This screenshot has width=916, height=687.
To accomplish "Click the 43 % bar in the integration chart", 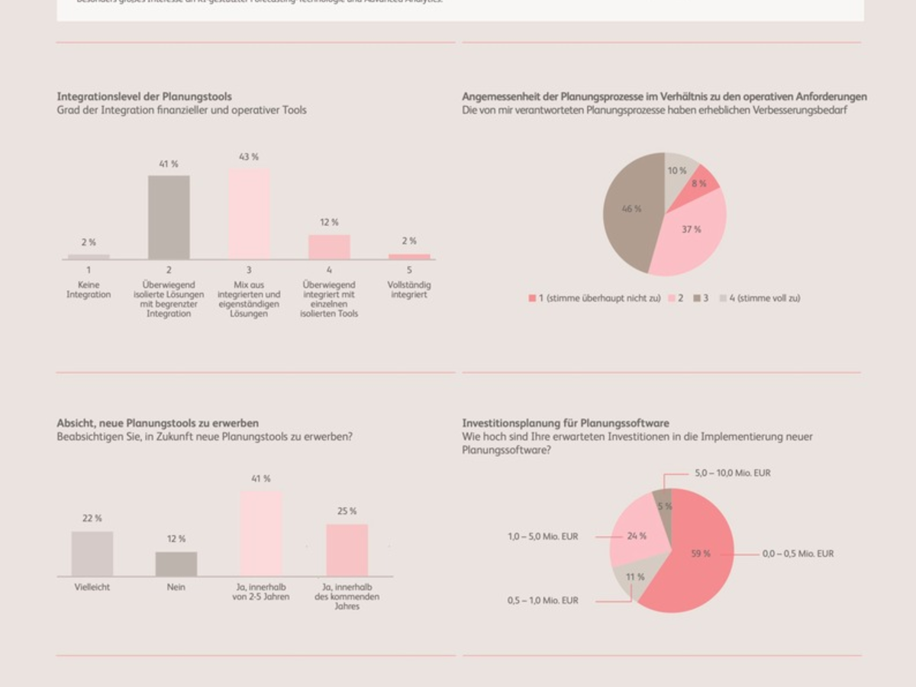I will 250,214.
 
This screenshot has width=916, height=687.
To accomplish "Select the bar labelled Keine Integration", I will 89,257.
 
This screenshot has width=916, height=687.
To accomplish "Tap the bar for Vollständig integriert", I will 409,256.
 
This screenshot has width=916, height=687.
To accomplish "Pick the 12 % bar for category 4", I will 329,247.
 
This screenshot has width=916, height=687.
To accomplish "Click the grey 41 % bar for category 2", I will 169,218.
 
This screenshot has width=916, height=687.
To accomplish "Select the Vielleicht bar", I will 92,553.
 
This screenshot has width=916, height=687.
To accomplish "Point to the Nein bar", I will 176,564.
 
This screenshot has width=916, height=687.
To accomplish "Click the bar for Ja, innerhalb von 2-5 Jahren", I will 261,534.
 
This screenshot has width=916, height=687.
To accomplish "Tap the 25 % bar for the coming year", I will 347,550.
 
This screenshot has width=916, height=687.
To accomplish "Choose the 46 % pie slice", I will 630,210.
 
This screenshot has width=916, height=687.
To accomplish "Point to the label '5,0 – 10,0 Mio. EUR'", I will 732,473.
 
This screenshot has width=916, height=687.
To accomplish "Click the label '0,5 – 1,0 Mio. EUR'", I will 543,601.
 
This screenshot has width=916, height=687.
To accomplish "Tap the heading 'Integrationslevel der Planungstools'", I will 144,97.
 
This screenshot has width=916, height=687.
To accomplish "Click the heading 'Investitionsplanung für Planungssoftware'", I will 565,423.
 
